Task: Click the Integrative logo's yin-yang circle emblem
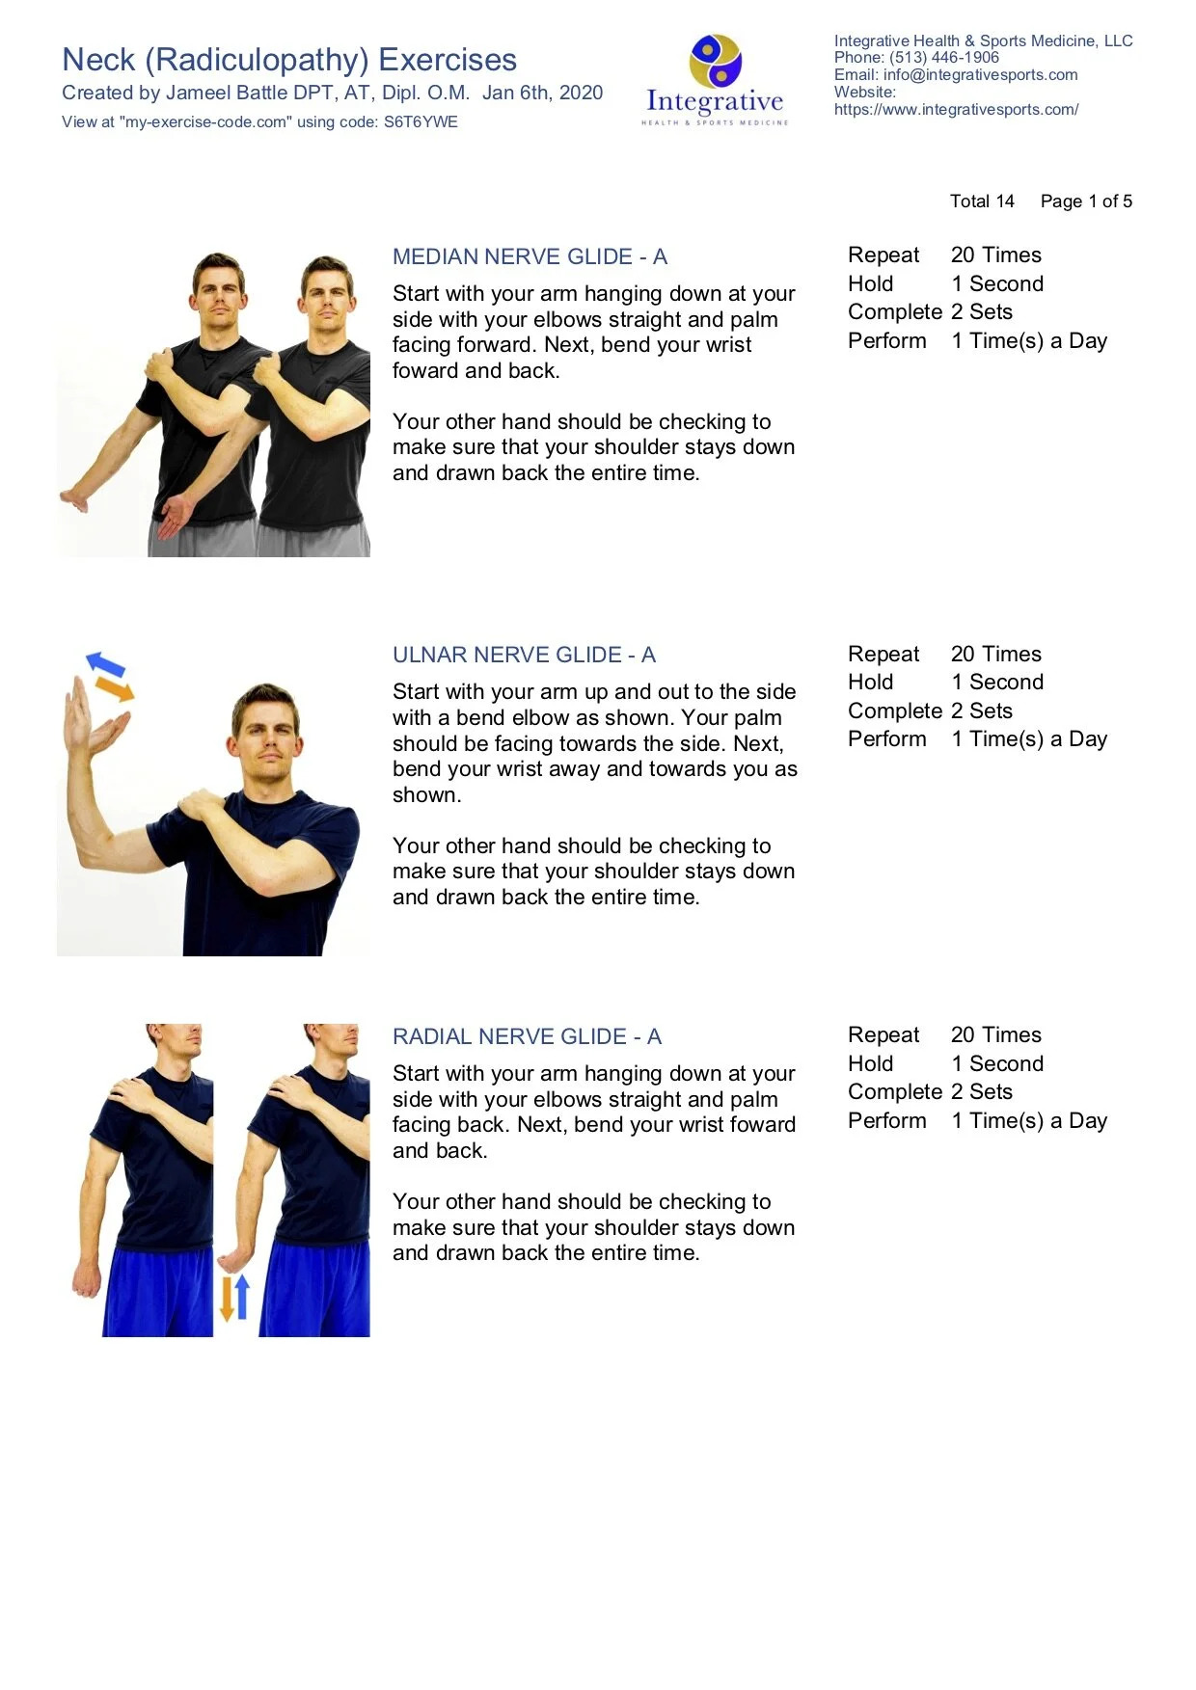click(715, 61)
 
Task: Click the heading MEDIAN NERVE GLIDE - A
click(530, 256)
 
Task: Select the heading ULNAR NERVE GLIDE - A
click(524, 655)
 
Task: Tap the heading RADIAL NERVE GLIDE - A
click(527, 1036)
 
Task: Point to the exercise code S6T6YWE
click(421, 122)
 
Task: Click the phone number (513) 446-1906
click(944, 58)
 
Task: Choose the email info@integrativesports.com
click(980, 75)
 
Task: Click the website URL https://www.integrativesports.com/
click(956, 110)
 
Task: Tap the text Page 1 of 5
click(1086, 201)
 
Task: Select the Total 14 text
click(982, 201)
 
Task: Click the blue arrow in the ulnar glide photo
click(105, 664)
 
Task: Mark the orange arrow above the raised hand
click(115, 688)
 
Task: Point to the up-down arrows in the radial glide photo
click(234, 1298)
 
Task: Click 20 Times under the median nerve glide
click(995, 255)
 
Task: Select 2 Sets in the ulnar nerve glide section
click(981, 711)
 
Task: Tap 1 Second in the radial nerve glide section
click(996, 1063)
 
